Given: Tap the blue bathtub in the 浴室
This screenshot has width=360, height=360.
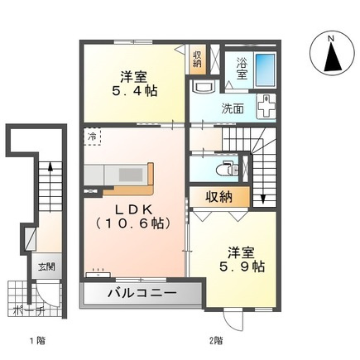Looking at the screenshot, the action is pos(265,70).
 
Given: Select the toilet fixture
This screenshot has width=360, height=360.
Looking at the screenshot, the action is pos(226,169).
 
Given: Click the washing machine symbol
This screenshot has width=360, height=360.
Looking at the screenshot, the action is pos(266,106).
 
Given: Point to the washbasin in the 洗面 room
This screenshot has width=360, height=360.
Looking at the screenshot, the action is pos(204,87).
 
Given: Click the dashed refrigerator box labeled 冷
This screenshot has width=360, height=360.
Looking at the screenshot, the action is pos(92,137).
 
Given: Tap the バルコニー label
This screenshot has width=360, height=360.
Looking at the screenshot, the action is pos(142,293).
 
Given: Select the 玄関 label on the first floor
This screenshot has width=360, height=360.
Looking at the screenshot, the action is pos(46,266).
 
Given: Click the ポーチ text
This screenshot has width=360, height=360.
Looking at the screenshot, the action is pos(29,310).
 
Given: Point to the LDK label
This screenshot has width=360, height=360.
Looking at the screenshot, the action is pos(133,210).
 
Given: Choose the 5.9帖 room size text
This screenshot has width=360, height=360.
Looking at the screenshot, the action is pos(242,266).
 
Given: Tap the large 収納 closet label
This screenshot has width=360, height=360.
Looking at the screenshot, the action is pos(219,197).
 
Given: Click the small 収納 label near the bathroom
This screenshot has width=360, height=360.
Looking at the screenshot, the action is pos(197,60).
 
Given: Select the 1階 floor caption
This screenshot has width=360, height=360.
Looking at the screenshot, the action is pos(37,341).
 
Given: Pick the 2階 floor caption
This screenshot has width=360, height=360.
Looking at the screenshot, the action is pos(215,341).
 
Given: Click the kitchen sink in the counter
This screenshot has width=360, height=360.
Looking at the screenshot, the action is pos(131,175).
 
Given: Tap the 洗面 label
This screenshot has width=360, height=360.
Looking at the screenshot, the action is pos(233,109).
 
